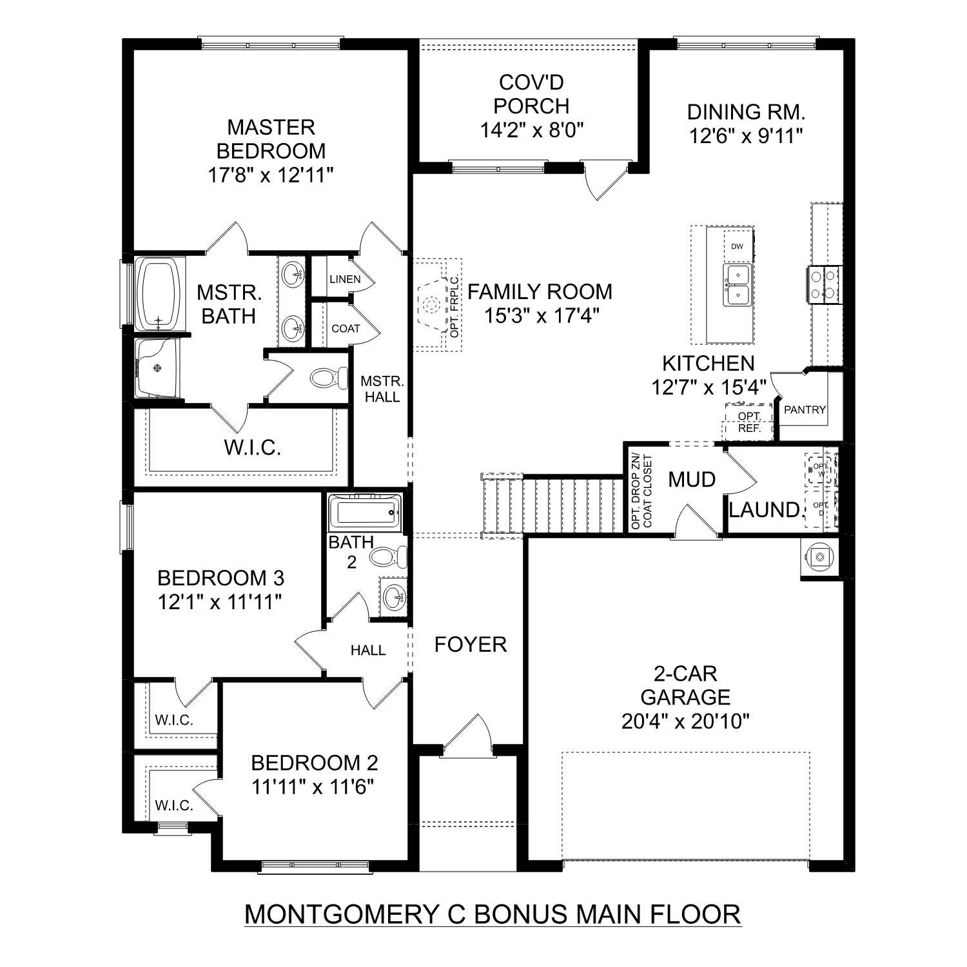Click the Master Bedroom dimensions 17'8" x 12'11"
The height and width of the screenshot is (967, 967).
pos(270,175)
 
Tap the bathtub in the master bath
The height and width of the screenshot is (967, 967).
pos(159,294)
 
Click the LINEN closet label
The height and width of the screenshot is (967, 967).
pos(345,279)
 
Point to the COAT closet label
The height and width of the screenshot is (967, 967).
pos(346,328)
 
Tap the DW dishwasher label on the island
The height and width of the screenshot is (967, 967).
pos(737,246)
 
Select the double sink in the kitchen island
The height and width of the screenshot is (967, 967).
pos(737,284)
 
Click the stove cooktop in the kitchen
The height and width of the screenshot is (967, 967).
pos(824,285)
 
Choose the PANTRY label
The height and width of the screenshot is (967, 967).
pos(805,409)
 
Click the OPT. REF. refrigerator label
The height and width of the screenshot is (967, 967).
pos(749,422)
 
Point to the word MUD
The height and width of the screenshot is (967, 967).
pos(692,480)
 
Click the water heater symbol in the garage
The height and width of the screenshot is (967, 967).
pos(819,556)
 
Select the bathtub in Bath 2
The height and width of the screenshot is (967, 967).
pos(364,513)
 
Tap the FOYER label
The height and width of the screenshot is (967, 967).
pos(470,645)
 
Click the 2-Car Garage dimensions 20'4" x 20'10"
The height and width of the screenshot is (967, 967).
pos(685,721)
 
